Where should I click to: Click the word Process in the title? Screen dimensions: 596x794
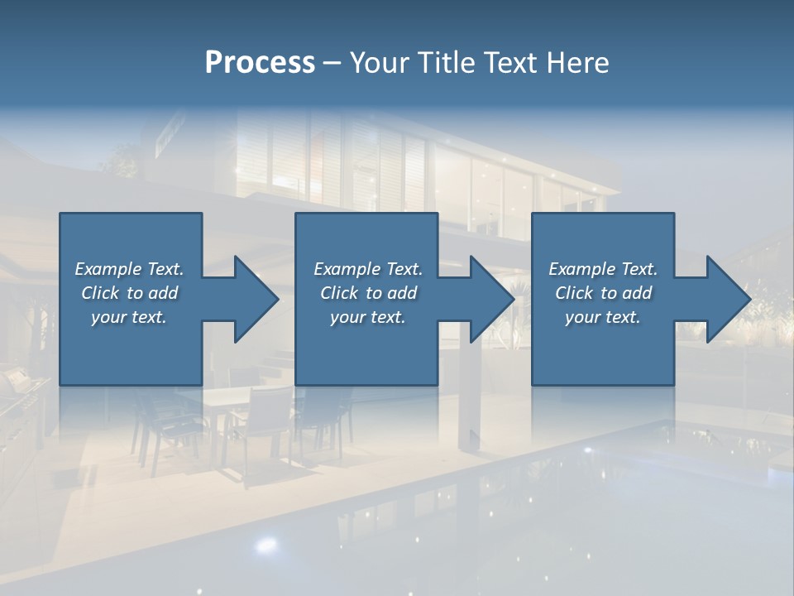260,63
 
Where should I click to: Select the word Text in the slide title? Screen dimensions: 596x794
510,63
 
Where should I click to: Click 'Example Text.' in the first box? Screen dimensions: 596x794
129,269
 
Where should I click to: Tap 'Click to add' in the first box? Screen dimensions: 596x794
129,293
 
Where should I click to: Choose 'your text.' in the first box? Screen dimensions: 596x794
129,317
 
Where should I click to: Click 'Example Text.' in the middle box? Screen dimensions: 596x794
368,269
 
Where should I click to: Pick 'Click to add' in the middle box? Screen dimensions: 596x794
368,293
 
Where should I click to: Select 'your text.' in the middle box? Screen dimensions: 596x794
368,317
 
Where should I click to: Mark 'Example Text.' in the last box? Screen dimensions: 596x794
603,269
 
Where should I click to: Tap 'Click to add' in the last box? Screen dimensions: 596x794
603,293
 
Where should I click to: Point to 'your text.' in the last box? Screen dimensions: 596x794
603,317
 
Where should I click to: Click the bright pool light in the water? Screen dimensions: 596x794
266,545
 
